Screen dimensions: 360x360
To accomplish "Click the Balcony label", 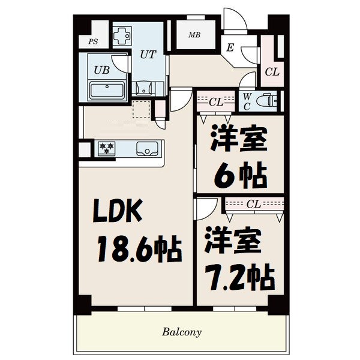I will click(x=181, y=331).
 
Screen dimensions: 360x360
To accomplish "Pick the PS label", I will click(x=92, y=41).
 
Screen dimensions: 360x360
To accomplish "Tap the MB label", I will click(x=194, y=35).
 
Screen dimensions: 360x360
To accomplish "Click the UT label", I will click(x=148, y=55).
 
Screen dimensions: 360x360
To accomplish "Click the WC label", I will click(x=247, y=101).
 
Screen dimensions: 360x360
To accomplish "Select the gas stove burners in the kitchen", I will click(x=106, y=148).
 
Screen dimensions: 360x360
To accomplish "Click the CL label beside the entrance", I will click(x=272, y=72).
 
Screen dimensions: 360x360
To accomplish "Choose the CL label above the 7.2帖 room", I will click(x=253, y=204).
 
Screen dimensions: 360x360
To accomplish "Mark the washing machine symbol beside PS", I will click(x=124, y=36).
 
